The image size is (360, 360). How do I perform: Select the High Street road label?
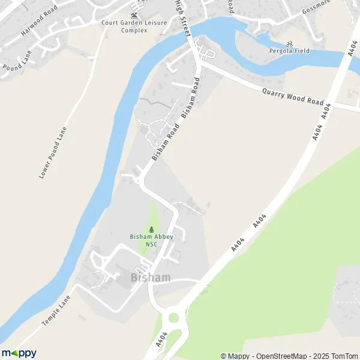click(x=182, y=14)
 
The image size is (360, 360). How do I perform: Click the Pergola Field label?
click(x=289, y=51)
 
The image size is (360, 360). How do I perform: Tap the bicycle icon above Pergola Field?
click(x=289, y=43)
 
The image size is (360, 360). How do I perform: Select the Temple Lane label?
click(x=57, y=310)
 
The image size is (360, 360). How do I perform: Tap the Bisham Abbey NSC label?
click(x=151, y=240)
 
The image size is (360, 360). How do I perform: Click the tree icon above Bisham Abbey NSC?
click(x=151, y=229)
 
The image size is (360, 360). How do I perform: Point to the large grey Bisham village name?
click(x=151, y=278)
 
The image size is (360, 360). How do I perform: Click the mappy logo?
click(x=19, y=353)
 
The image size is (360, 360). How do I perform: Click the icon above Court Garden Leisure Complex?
click(x=134, y=15)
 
